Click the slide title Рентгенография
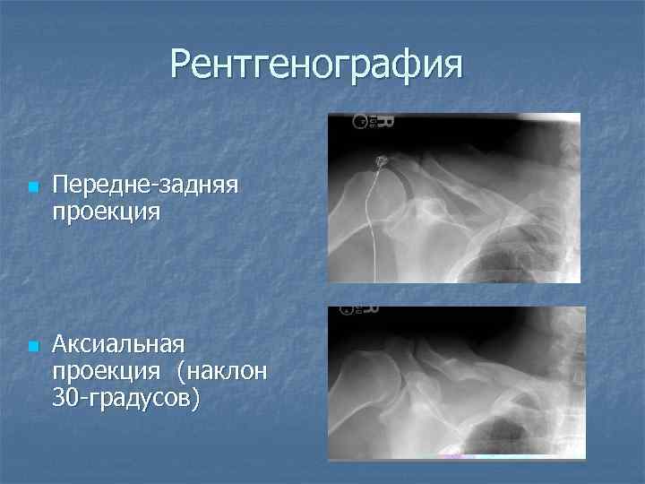click(317, 65)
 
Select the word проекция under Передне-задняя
click(106, 213)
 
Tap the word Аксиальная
click(118, 344)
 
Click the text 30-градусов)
click(126, 397)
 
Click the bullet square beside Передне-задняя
click(32, 188)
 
